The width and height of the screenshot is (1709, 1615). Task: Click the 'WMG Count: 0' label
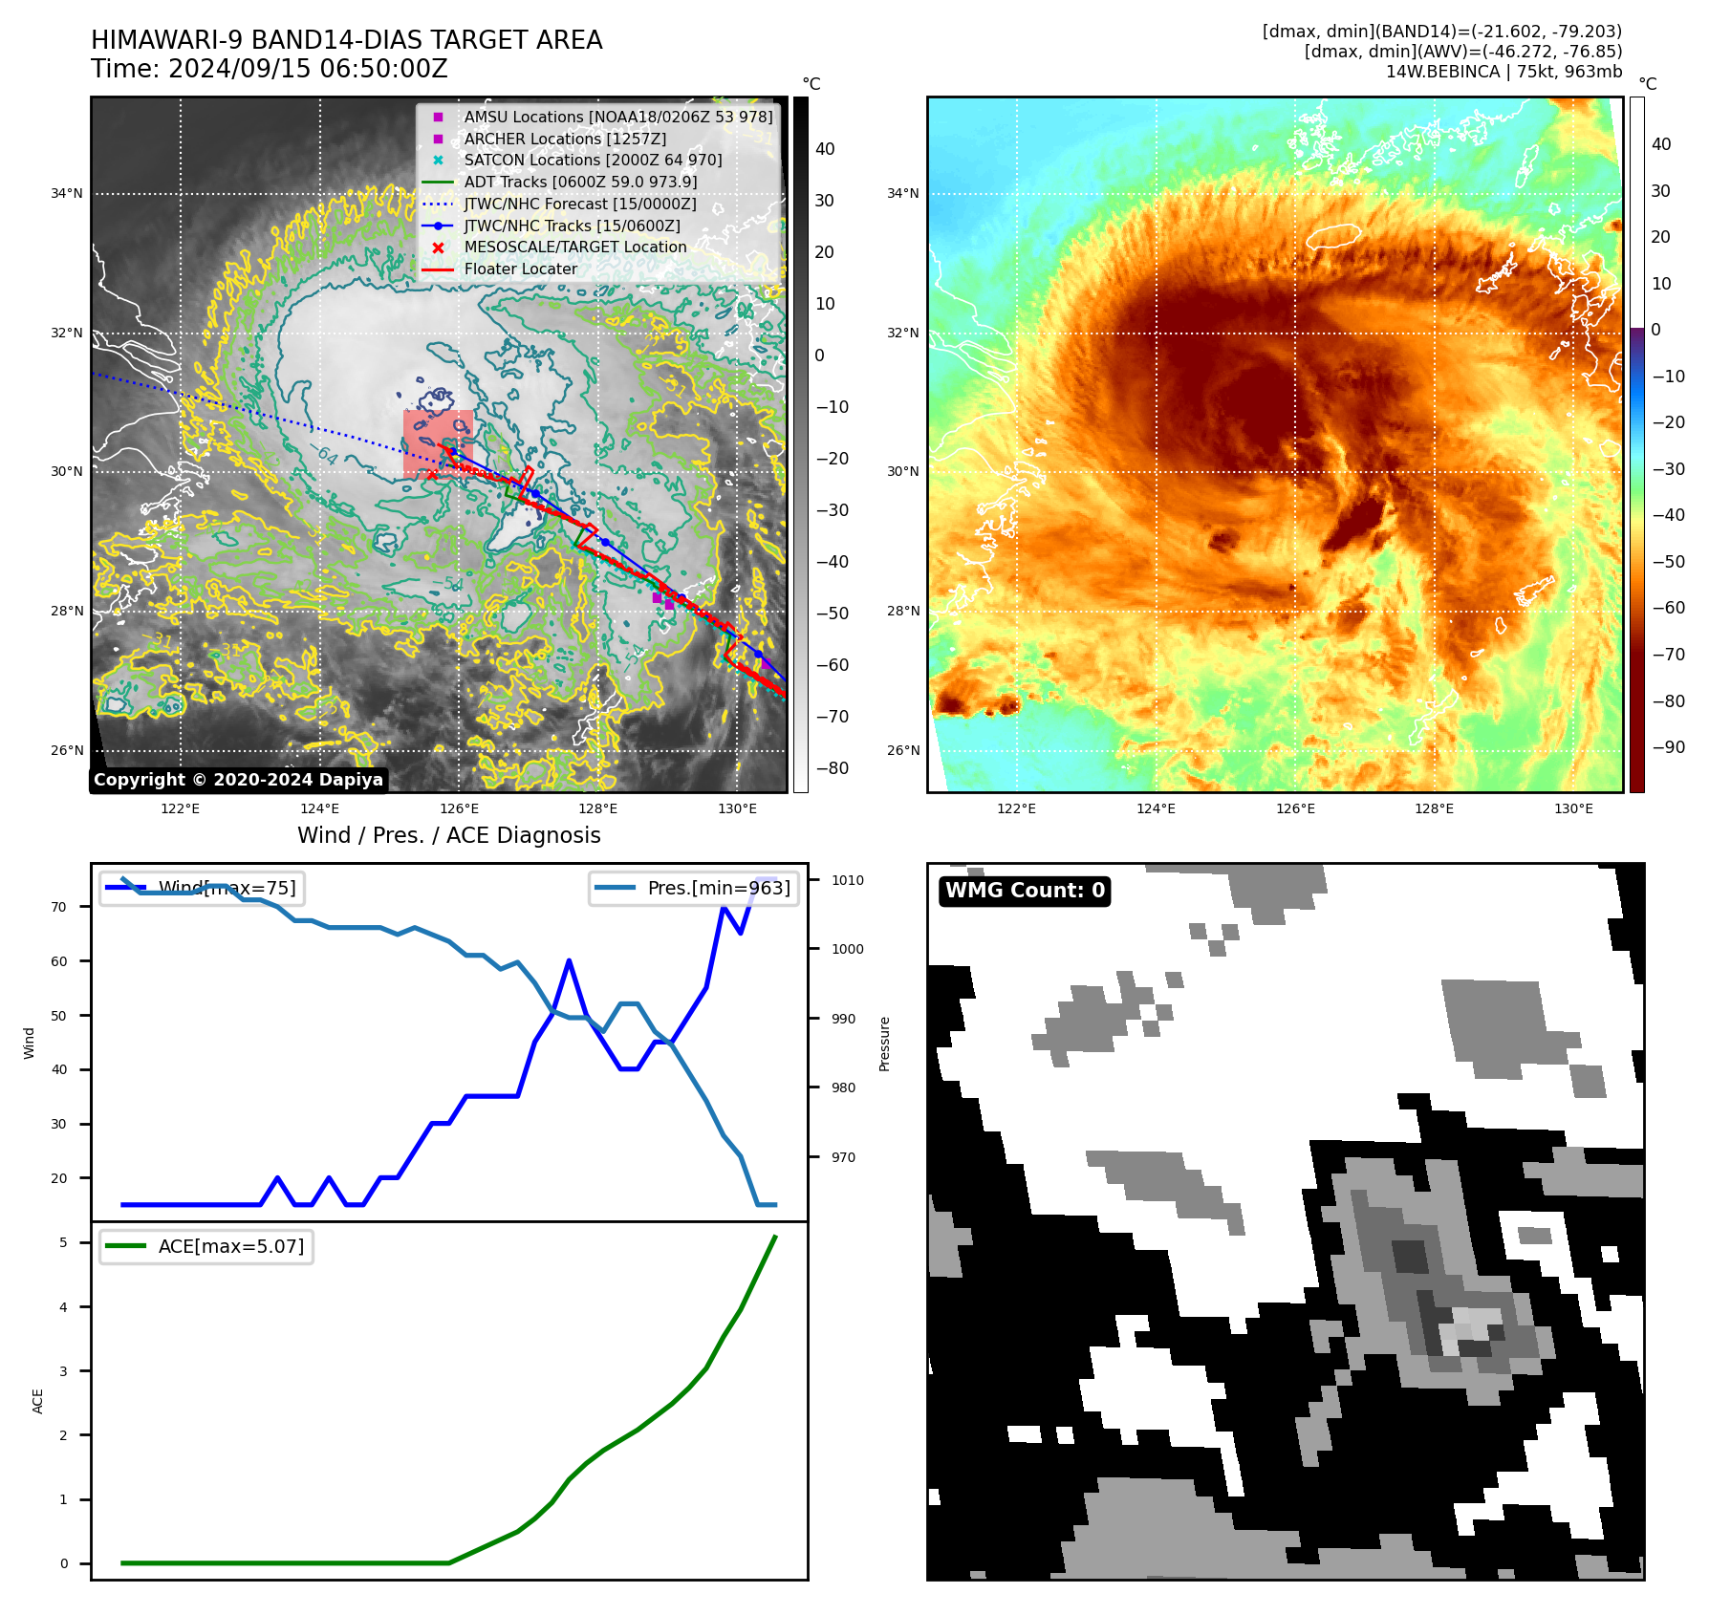tap(1025, 891)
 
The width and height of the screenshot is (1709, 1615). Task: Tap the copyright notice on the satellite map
tap(238, 780)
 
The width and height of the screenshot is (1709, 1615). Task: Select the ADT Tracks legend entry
tap(580, 182)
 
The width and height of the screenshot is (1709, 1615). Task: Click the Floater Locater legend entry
tap(520, 269)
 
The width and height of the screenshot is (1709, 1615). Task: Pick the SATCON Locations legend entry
tap(593, 160)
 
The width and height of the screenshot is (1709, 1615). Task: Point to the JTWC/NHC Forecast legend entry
tap(579, 204)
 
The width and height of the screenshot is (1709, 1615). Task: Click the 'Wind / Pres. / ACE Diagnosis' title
tap(448, 835)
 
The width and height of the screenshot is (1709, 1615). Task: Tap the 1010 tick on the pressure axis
tap(847, 880)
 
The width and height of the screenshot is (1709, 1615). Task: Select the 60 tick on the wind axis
tap(59, 961)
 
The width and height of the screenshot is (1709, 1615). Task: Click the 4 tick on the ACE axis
tap(63, 1307)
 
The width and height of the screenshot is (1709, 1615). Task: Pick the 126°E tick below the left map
tap(459, 808)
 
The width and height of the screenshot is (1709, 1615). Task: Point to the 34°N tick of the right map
tap(902, 193)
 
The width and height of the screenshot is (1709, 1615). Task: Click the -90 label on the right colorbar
tap(1669, 747)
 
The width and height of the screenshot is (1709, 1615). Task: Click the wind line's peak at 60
tap(569, 960)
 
